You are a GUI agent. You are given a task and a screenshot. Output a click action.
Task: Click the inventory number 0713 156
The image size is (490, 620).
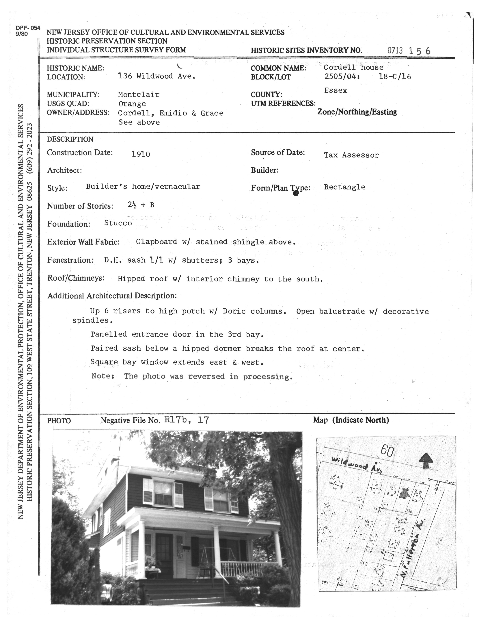click(409, 51)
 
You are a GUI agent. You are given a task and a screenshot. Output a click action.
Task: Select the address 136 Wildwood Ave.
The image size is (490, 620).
click(157, 76)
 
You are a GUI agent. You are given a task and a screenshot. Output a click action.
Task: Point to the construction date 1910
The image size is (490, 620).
click(141, 154)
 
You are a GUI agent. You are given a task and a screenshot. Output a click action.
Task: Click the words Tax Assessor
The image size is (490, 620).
click(351, 155)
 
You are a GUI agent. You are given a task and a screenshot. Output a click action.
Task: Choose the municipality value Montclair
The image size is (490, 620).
click(139, 94)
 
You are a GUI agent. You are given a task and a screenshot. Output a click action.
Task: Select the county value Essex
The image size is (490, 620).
click(336, 90)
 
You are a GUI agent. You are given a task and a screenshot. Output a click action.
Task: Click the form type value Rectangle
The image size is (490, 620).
click(344, 187)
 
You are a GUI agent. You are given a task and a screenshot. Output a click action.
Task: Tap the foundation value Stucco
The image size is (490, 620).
click(118, 223)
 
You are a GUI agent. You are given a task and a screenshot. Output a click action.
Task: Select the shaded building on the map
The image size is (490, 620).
click(404, 493)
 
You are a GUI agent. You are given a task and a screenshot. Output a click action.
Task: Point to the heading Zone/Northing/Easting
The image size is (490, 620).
click(357, 112)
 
